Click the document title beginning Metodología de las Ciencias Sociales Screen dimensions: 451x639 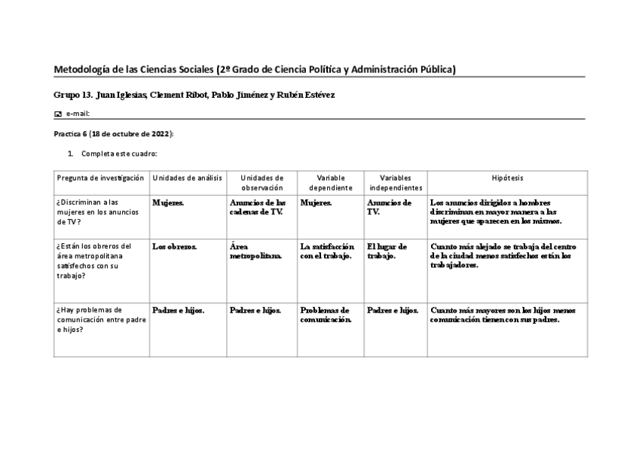(x=255, y=70)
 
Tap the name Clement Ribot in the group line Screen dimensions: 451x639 (x=176, y=96)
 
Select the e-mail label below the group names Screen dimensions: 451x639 (x=78, y=114)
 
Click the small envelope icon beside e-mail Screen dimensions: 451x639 (x=58, y=114)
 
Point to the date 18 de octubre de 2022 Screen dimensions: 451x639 (x=130, y=133)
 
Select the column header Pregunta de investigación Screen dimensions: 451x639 (x=100, y=178)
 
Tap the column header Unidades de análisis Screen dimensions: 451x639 (x=187, y=178)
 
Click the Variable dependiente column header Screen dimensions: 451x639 (x=330, y=182)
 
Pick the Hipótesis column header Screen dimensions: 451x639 (x=507, y=178)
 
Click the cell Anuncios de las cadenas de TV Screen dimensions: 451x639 (x=257, y=207)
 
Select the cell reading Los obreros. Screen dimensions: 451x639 (x=174, y=246)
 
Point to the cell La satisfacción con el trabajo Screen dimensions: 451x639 (x=326, y=251)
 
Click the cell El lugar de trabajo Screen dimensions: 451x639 (x=387, y=251)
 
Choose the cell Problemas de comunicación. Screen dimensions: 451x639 (x=325, y=314)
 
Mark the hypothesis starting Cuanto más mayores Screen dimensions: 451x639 (x=503, y=314)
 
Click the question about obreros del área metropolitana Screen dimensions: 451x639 (x=94, y=261)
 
